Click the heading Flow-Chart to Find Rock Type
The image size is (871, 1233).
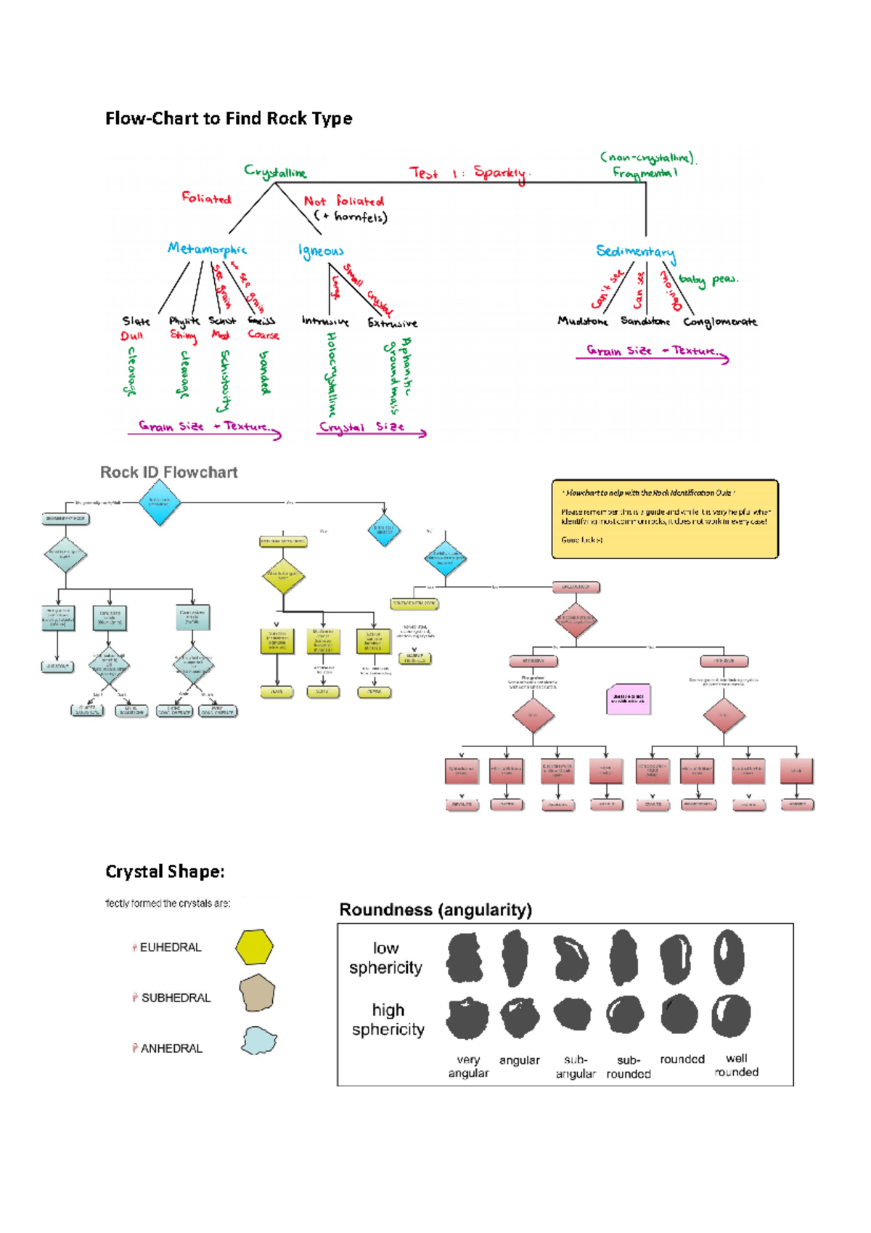click(229, 118)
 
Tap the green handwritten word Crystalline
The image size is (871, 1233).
click(275, 172)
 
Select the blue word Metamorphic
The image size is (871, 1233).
click(207, 249)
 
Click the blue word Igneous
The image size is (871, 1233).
click(321, 251)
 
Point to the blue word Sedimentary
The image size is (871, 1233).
click(636, 251)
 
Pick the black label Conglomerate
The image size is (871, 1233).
click(719, 322)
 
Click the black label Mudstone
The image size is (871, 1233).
click(582, 321)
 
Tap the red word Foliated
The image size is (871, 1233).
click(206, 198)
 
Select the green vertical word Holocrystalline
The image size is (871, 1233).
click(332, 373)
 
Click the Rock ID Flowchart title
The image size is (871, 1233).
click(168, 473)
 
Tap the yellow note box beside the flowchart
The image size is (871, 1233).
click(664, 518)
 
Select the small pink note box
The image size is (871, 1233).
click(628, 699)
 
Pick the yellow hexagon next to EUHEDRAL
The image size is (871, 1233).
click(254, 946)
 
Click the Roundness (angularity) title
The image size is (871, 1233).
click(435, 910)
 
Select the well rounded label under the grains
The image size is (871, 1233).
click(736, 1065)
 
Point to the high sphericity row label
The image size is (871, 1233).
click(388, 1020)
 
